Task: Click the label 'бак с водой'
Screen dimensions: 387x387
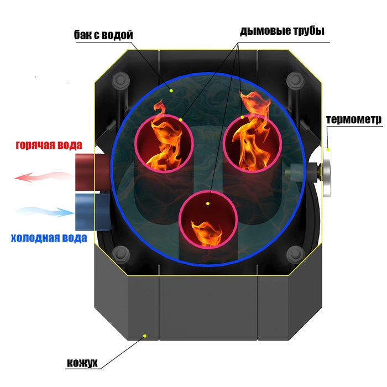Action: (103, 35)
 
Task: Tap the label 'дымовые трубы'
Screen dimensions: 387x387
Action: (282, 31)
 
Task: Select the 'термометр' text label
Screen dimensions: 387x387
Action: (354, 120)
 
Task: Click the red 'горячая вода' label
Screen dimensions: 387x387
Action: (49, 145)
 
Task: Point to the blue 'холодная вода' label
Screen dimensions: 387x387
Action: (49, 238)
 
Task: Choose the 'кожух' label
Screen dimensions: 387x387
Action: (82, 363)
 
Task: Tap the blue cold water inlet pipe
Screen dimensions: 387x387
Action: (93, 212)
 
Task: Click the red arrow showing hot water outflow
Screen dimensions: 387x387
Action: (44, 177)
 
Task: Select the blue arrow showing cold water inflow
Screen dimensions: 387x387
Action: (44, 212)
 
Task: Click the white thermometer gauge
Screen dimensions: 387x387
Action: (327, 172)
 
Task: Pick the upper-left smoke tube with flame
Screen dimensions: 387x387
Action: (164, 143)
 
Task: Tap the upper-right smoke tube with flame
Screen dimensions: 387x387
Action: (252, 143)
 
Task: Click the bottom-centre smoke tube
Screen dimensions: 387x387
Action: (208, 219)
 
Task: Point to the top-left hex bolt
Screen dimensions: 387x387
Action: (121, 80)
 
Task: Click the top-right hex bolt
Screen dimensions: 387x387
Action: (295, 80)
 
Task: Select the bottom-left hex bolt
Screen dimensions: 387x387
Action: (121, 254)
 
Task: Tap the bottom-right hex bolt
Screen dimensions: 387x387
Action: (295, 254)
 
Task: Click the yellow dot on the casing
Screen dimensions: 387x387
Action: (145, 336)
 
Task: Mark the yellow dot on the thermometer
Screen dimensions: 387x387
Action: (328, 150)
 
